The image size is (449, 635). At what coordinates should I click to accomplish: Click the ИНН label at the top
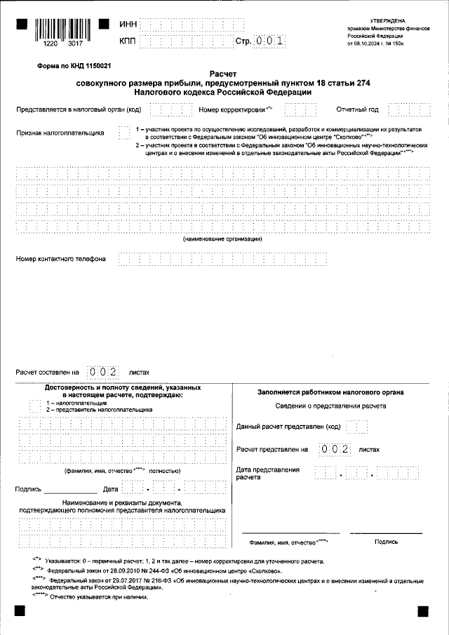(x=128, y=25)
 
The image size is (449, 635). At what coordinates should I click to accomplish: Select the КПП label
(x=128, y=41)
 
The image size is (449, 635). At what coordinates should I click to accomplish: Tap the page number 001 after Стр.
(x=269, y=41)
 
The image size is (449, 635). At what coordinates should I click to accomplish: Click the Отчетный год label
(x=357, y=109)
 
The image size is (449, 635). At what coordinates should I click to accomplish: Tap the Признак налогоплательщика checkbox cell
(x=124, y=132)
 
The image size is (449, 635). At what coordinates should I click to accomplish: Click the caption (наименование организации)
(x=223, y=239)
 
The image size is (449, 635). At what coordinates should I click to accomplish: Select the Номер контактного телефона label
(x=61, y=259)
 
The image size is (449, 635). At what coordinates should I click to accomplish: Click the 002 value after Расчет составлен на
(x=101, y=372)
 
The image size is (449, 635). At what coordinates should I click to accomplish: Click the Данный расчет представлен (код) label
(x=288, y=427)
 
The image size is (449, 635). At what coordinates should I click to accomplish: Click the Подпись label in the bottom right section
(x=386, y=542)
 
